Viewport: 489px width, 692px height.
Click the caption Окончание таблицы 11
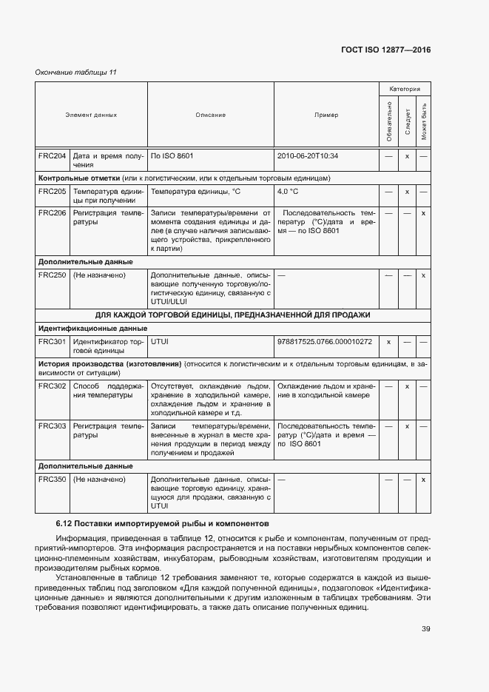click(76, 72)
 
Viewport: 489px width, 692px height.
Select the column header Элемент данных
click(90, 115)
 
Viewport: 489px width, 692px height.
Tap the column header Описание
click(211, 115)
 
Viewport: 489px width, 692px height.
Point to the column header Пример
click(326, 115)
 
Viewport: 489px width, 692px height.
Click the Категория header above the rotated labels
click(405, 89)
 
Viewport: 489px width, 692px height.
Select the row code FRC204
click(52, 156)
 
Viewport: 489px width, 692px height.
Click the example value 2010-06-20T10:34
click(308, 156)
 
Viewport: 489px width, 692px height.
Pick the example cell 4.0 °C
click(288, 191)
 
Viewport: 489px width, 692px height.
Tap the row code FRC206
click(52, 212)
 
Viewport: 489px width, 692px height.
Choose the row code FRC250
click(52, 275)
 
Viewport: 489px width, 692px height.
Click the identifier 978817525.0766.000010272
click(324, 341)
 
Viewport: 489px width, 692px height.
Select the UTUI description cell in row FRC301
click(161, 341)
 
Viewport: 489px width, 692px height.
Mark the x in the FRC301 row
click(388, 341)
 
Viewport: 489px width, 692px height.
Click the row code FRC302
click(52, 386)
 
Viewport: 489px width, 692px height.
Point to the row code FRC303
click(52, 426)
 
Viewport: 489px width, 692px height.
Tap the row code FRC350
click(52, 480)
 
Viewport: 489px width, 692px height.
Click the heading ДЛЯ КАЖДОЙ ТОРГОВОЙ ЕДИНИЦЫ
click(233, 315)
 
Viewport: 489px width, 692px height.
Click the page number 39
click(425, 629)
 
